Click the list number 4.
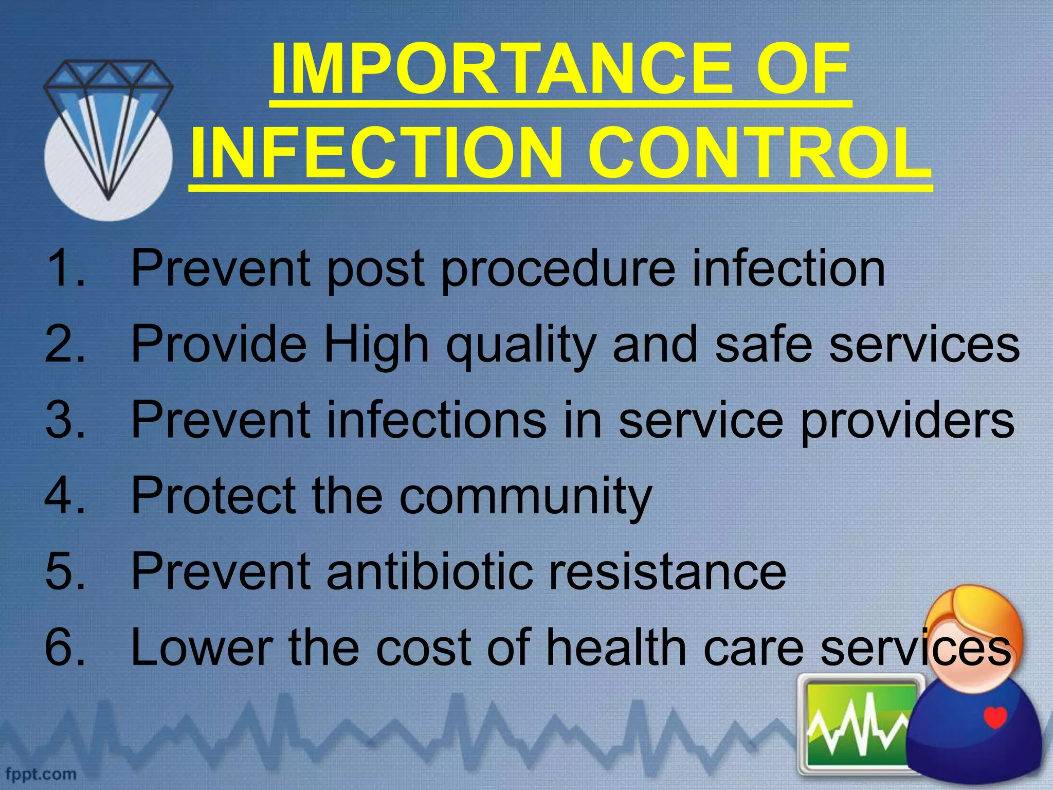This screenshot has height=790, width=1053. (64, 495)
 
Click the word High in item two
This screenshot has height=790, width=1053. (375, 345)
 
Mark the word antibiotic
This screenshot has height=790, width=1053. (429, 571)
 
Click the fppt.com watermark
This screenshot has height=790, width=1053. (41, 773)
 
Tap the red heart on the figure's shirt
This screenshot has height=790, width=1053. (995, 716)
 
